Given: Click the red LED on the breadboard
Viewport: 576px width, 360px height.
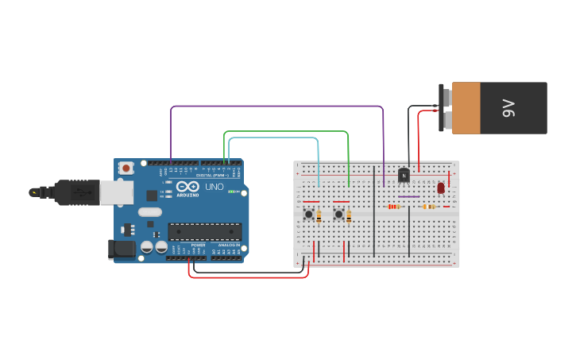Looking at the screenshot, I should pos(441,188).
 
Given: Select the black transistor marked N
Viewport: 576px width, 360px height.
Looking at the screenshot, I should pos(404,175).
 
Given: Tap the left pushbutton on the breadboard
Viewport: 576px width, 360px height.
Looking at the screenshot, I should pos(308,214).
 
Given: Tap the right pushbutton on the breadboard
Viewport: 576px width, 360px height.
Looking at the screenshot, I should pos(338,214).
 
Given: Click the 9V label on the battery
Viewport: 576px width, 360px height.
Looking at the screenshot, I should pos(509,108).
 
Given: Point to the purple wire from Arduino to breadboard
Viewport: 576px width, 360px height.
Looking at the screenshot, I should pos(278,106).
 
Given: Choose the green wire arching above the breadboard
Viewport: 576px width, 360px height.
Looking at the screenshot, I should pos(286,132).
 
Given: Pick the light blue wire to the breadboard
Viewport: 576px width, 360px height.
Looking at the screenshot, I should pos(274,137).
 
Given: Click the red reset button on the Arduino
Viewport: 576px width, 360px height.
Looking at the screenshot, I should pos(126,168).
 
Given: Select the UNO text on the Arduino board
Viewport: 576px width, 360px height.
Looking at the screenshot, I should pos(215,187).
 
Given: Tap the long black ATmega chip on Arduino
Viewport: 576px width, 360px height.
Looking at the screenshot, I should pos(204,231).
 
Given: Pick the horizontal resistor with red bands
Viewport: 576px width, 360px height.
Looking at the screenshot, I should pos(393,207).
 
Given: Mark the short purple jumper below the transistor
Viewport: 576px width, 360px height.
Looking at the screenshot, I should pos(409,196).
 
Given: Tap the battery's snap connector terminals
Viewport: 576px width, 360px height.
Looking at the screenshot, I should pos(447,108).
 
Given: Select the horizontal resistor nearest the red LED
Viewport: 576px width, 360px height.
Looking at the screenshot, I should pos(429,207).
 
